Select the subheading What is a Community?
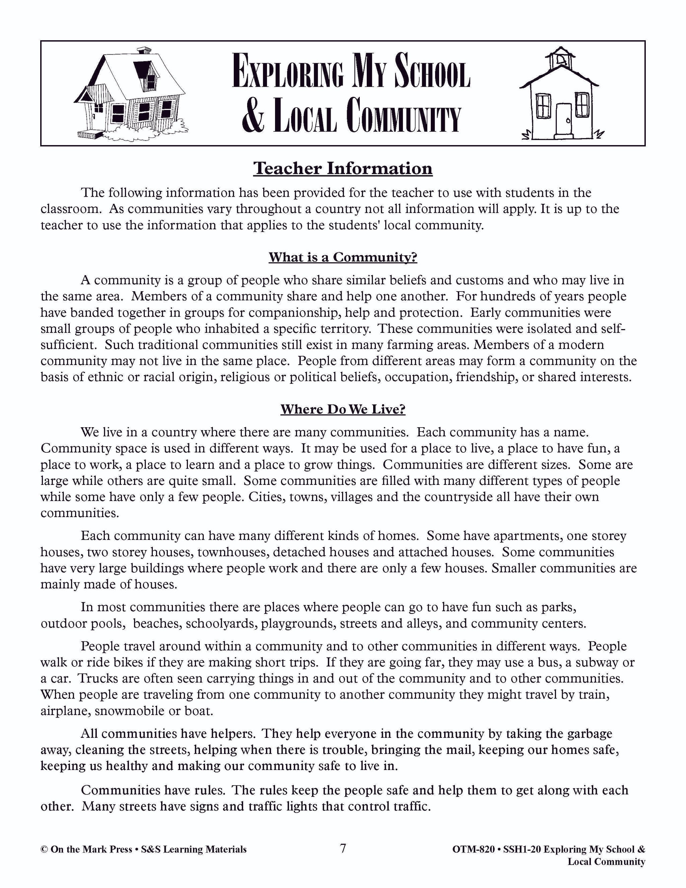343,257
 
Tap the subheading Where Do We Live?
343,409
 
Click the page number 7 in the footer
343,848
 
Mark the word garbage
589,734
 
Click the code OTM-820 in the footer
473,849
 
